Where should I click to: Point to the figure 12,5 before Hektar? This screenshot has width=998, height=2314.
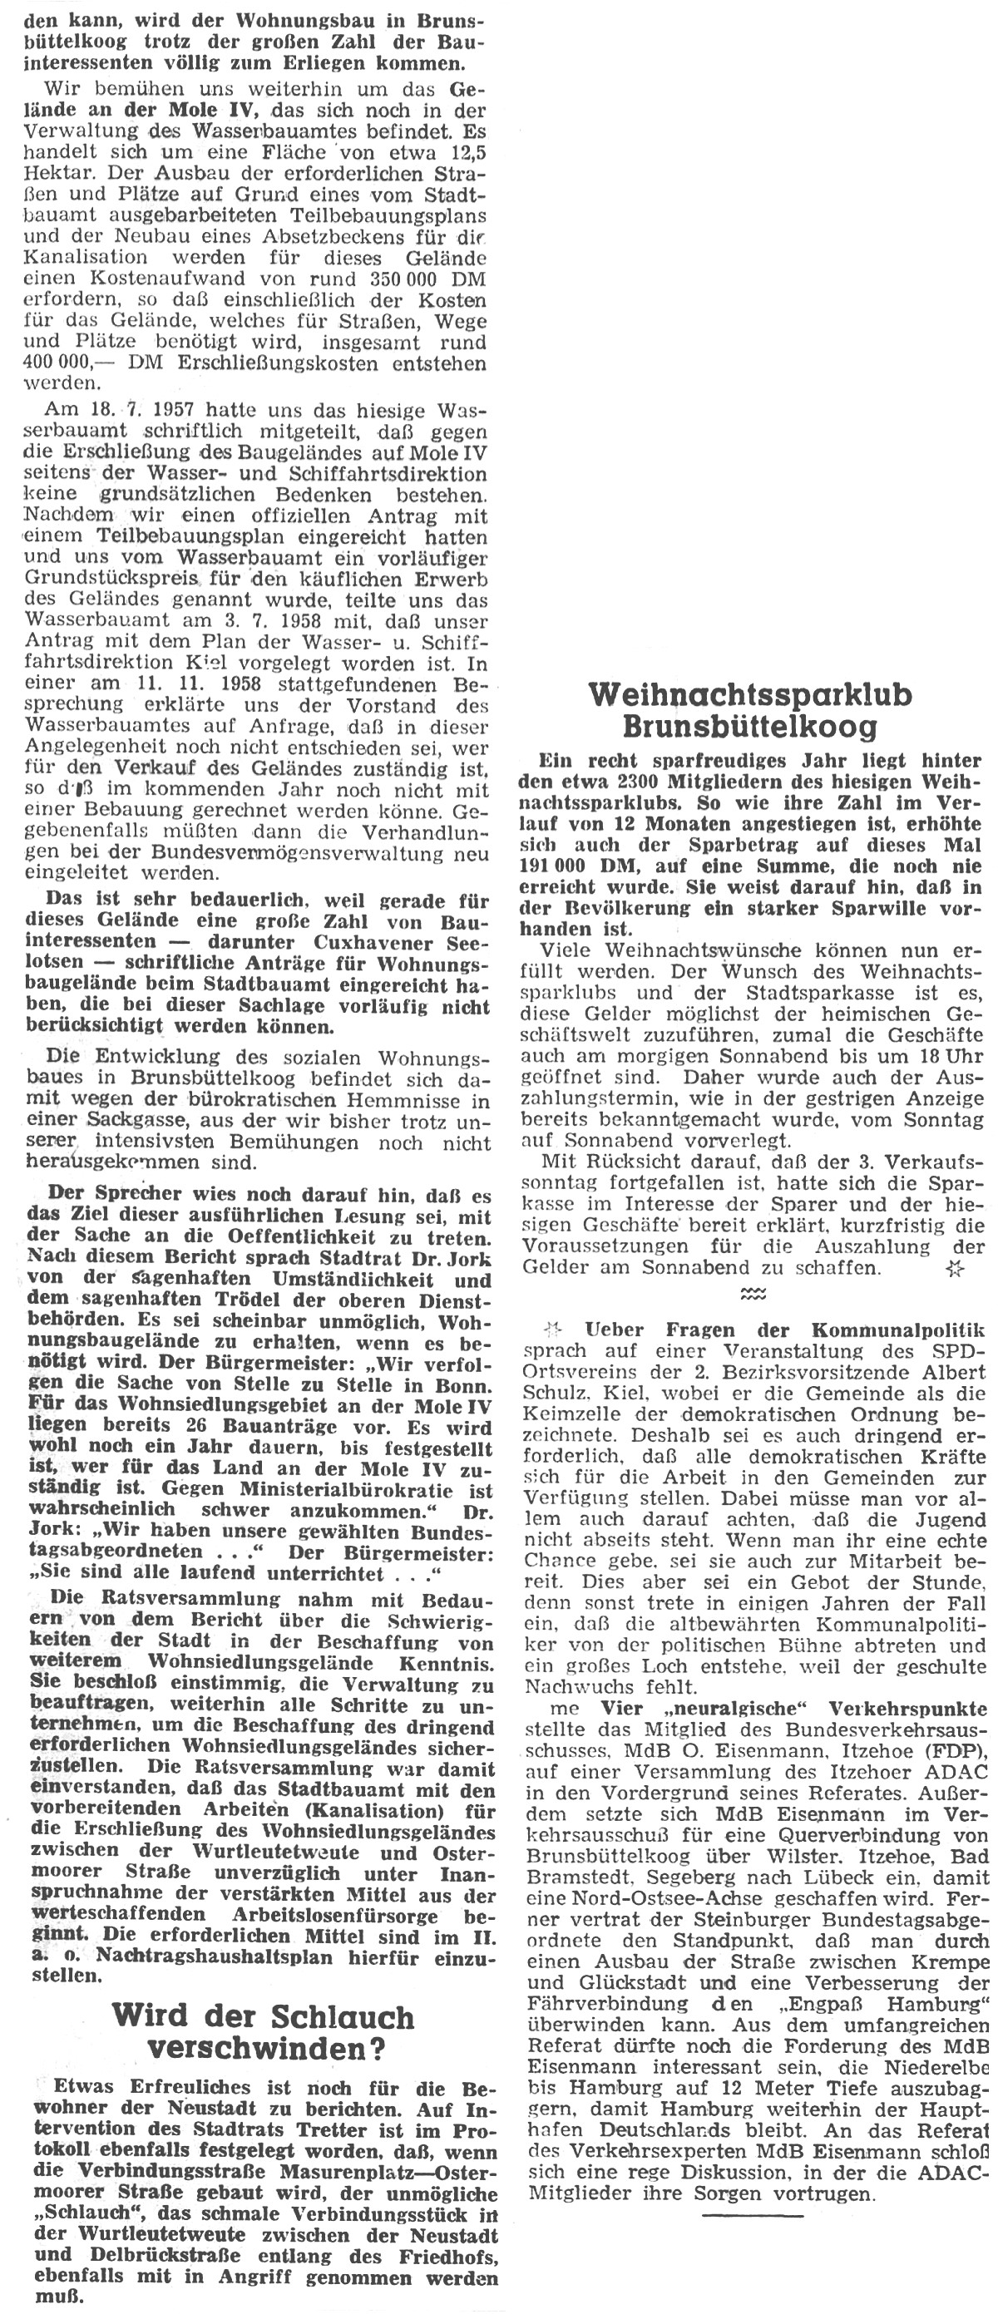click(x=462, y=152)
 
